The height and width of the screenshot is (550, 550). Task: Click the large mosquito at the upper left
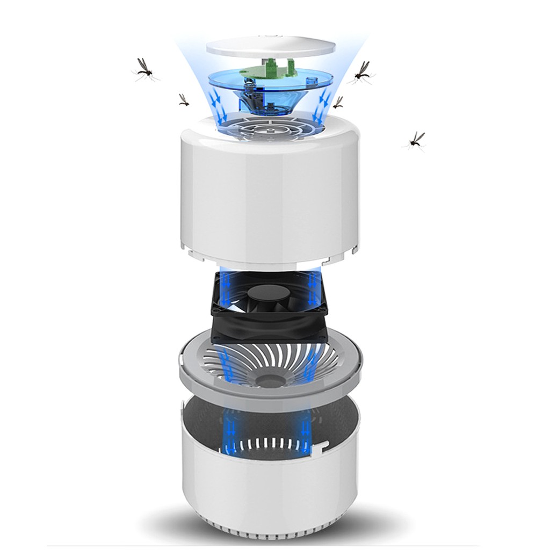144,69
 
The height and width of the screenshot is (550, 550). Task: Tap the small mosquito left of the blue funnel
184,100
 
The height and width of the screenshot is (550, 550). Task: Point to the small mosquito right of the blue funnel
338,102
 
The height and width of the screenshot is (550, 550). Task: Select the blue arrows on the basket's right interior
306,424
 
